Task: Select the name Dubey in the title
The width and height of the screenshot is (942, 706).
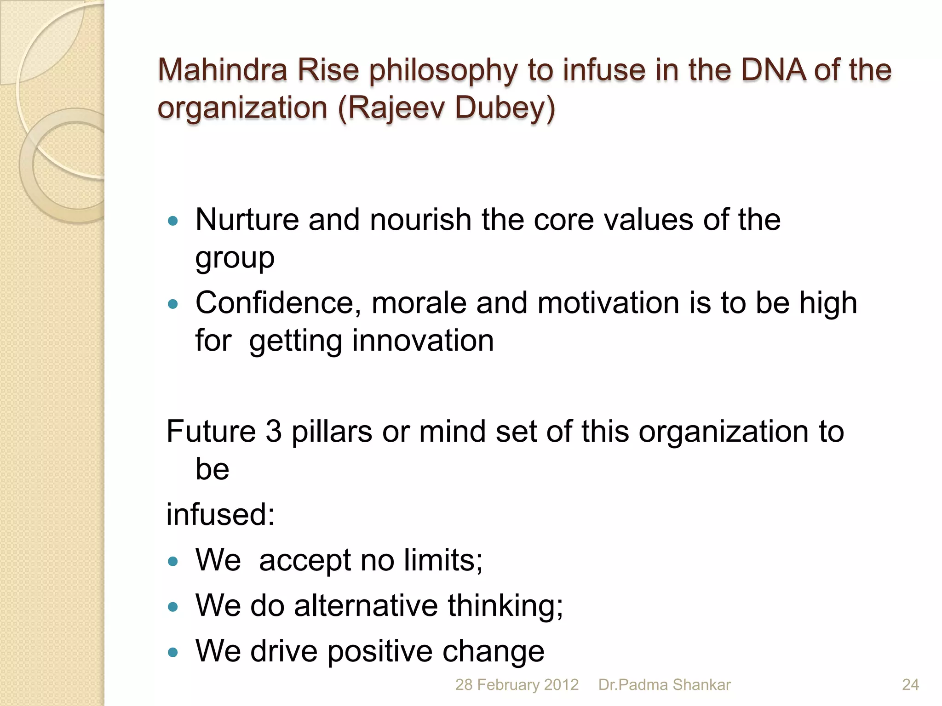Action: pos(505,108)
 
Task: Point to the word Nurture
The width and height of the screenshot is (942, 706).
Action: pos(247,220)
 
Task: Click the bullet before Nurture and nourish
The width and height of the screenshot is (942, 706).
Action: pos(173,221)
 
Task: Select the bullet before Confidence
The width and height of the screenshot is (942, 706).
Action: pos(173,304)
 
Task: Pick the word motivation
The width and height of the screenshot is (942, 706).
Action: pos(608,303)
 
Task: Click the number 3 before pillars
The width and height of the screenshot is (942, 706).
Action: pos(273,432)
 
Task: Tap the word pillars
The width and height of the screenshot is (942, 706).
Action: pos(332,432)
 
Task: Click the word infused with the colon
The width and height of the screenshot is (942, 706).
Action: pos(220,514)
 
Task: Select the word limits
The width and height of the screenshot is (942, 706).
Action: pos(443,560)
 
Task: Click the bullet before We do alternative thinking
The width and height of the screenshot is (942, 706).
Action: pos(173,607)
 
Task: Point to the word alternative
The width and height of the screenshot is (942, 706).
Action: pos(366,605)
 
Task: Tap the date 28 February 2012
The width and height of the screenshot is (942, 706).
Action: pos(517,685)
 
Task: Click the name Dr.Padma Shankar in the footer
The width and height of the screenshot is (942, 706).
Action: pos(664,685)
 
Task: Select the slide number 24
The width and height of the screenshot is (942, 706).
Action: pos(910,685)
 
